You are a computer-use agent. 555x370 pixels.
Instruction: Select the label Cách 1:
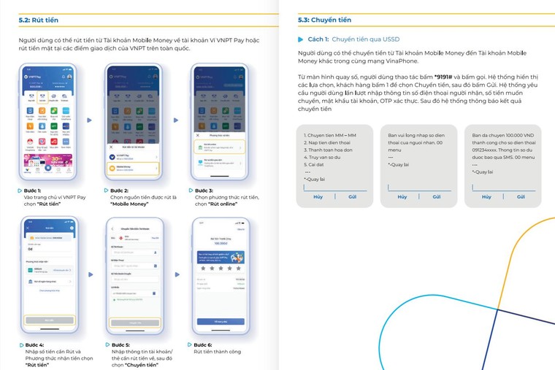tap(318, 39)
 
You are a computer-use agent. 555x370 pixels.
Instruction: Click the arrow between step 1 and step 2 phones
tap(89, 120)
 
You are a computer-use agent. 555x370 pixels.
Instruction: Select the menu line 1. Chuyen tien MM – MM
tap(330, 136)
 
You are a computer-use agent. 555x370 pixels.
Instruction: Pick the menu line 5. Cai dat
tap(316, 164)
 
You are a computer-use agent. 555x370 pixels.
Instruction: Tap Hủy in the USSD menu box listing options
tap(318, 197)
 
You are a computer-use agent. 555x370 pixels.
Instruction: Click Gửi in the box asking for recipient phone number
tap(437, 197)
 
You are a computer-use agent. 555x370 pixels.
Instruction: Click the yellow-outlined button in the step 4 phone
tap(49, 320)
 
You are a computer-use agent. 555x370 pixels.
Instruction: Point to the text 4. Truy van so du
tap(324, 157)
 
